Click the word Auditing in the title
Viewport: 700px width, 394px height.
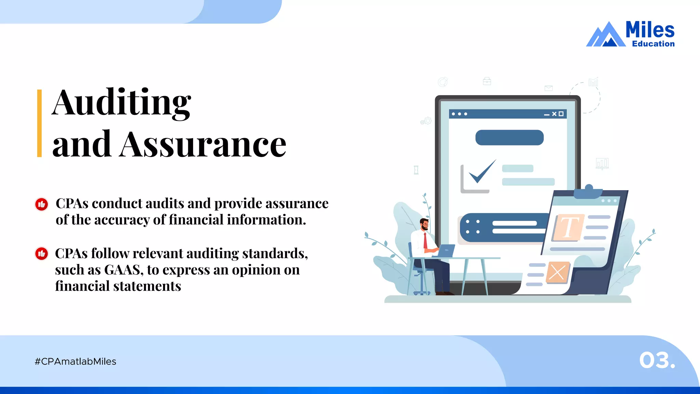click(121, 103)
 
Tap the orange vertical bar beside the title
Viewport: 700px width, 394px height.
click(39, 123)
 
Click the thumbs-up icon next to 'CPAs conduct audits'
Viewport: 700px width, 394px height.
click(42, 205)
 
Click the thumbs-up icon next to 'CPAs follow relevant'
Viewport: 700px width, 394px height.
click(42, 254)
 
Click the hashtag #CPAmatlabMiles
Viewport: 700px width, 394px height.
click(76, 362)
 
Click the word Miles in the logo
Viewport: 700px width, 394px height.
click(650, 30)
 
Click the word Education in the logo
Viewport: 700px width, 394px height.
click(653, 44)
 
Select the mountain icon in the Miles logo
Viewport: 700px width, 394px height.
click(606, 35)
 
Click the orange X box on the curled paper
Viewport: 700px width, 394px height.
click(557, 273)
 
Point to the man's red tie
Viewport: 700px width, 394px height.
click(425, 241)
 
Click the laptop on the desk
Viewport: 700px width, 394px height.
click(445, 251)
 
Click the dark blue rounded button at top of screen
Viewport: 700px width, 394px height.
click(509, 137)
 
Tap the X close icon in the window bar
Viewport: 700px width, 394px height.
click(554, 114)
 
